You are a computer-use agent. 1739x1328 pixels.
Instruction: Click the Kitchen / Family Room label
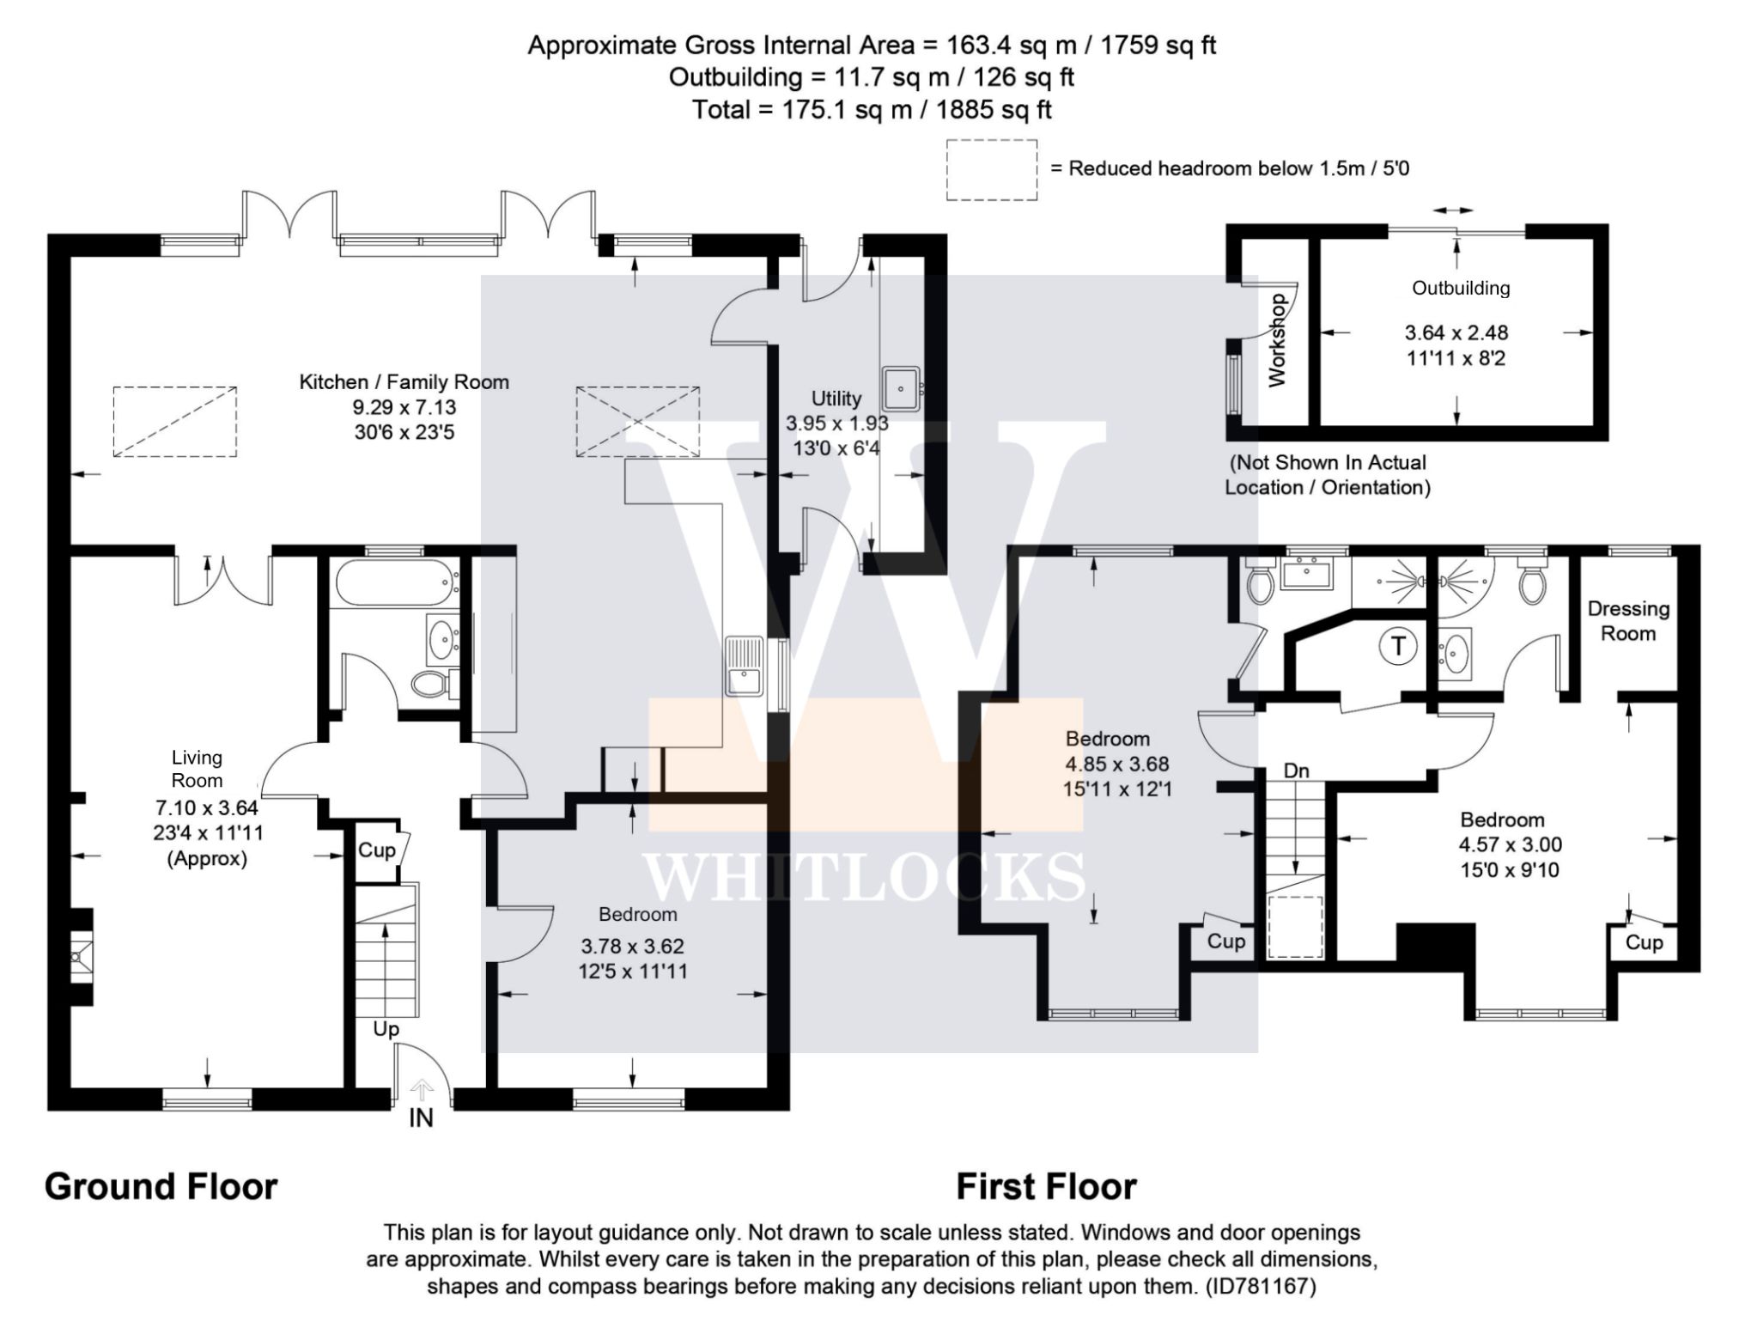click(404, 382)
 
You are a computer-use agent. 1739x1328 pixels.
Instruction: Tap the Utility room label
click(836, 399)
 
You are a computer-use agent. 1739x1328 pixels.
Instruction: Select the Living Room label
click(197, 769)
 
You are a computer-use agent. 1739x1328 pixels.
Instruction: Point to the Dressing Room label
click(1628, 621)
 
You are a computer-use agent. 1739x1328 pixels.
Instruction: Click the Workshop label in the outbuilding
click(1277, 340)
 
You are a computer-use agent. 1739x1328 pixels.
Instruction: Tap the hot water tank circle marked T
click(1398, 645)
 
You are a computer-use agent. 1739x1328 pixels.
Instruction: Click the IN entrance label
click(421, 1118)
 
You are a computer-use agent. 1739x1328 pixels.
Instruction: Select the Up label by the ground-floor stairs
click(386, 1029)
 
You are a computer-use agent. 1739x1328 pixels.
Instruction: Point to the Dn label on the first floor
click(1296, 771)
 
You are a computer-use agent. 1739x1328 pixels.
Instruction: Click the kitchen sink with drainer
click(745, 666)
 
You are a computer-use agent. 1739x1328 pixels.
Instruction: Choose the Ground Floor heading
click(161, 1186)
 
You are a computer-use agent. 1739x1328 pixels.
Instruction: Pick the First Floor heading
click(1046, 1186)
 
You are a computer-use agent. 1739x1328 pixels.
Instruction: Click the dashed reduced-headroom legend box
click(992, 170)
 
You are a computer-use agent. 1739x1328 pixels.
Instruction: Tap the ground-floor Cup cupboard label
click(376, 850)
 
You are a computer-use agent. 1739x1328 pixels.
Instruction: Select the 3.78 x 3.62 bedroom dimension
click(632, 947)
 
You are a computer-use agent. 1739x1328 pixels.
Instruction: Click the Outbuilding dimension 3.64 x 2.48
click(1456, 332)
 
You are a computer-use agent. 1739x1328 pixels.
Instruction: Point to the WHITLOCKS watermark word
click(864, 878)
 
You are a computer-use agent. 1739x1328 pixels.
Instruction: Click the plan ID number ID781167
click(1261, 1286)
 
